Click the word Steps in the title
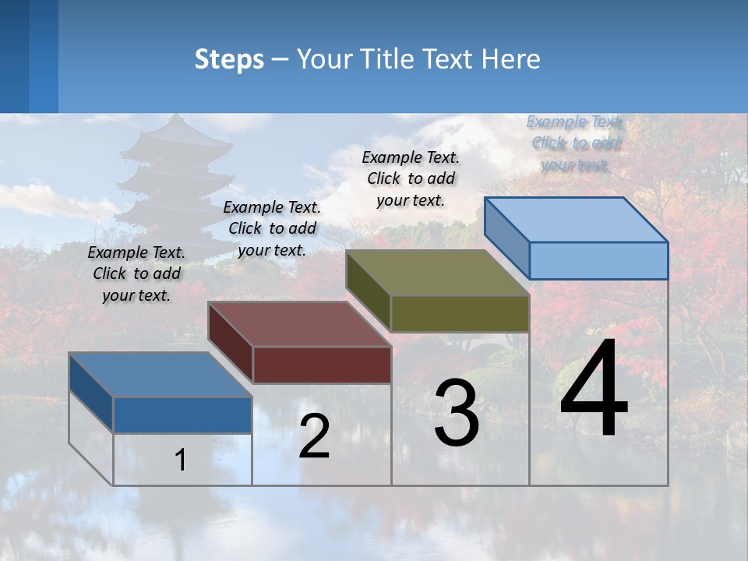coord(228,59)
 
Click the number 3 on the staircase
coord(457,413)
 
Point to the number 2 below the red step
coord(314,436)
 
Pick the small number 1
coord(180,460)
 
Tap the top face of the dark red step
coord(299,324)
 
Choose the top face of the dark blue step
coord(161,375)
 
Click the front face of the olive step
coord(460,314)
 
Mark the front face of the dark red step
coord(322,365)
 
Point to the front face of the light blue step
coord(598,260)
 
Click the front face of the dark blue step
coord(182,415)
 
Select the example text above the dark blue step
coord(136,273)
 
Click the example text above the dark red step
coord(272,228)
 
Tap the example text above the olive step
coord(411,178)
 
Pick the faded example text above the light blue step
coord(575,143)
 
